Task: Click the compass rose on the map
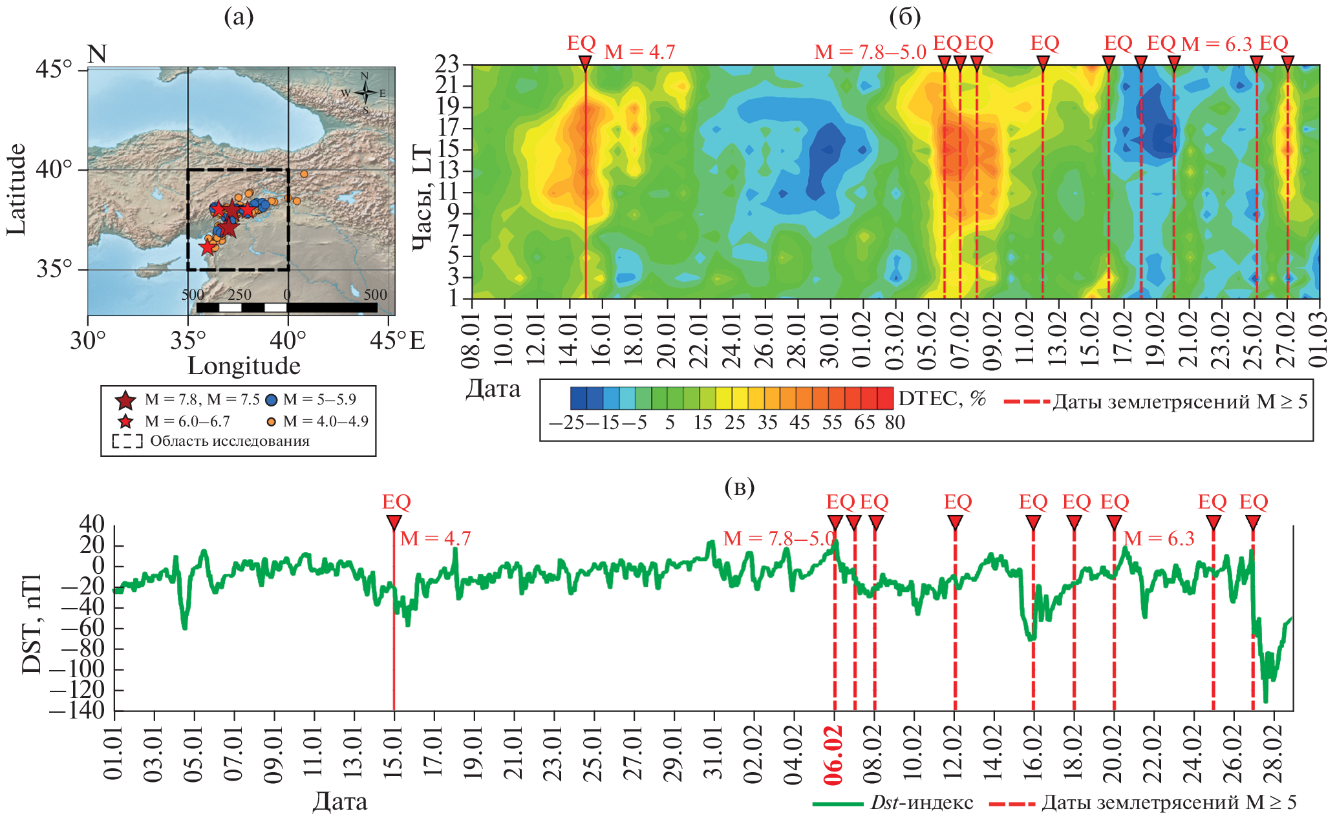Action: (x=365, y=93)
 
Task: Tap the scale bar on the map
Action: (x=286, y=307)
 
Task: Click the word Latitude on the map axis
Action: (x=16, y=189)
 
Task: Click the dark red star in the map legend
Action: (x=125, y=401)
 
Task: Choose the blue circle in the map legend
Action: (x=272, y=401)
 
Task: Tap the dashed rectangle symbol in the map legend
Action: (x=127, y=442)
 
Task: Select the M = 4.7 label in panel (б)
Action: (x=639, y=52)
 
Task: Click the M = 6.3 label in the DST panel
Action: (x=1159, y=538)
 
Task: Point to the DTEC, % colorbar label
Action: (x=942, y=399)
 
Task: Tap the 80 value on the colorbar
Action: (x=895, y=423)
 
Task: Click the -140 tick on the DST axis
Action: (x=76, y=710)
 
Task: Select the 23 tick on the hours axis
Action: (x=446, y=64)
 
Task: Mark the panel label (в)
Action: (x=740, y=487)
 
